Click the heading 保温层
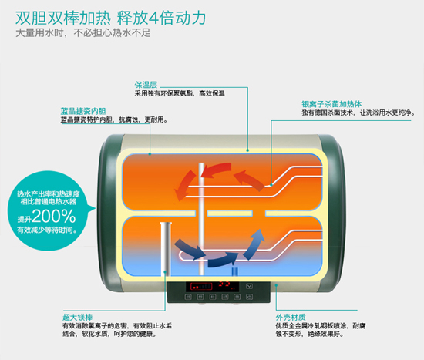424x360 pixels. click(146, 85)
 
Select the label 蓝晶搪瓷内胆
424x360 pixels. click(83, 111)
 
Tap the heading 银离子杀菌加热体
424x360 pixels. click(331, 104)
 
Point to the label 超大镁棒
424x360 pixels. click(78, 317)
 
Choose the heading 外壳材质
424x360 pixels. click(291, 317)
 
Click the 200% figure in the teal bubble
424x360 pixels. click(53, 216)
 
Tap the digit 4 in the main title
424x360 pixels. click(153, 19)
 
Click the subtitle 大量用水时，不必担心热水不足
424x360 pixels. click(82, 33)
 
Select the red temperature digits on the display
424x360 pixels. click(224, 284)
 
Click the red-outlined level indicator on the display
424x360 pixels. click(201, 287)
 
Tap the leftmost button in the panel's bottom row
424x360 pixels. click(188, 297)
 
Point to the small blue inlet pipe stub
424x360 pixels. click(234, 271)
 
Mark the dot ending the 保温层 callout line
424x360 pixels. click(247, 150)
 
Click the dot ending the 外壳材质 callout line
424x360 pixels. click(276, 284)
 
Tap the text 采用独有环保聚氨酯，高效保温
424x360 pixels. click(180, 93)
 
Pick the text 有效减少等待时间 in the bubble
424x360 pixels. click(47, 230)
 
